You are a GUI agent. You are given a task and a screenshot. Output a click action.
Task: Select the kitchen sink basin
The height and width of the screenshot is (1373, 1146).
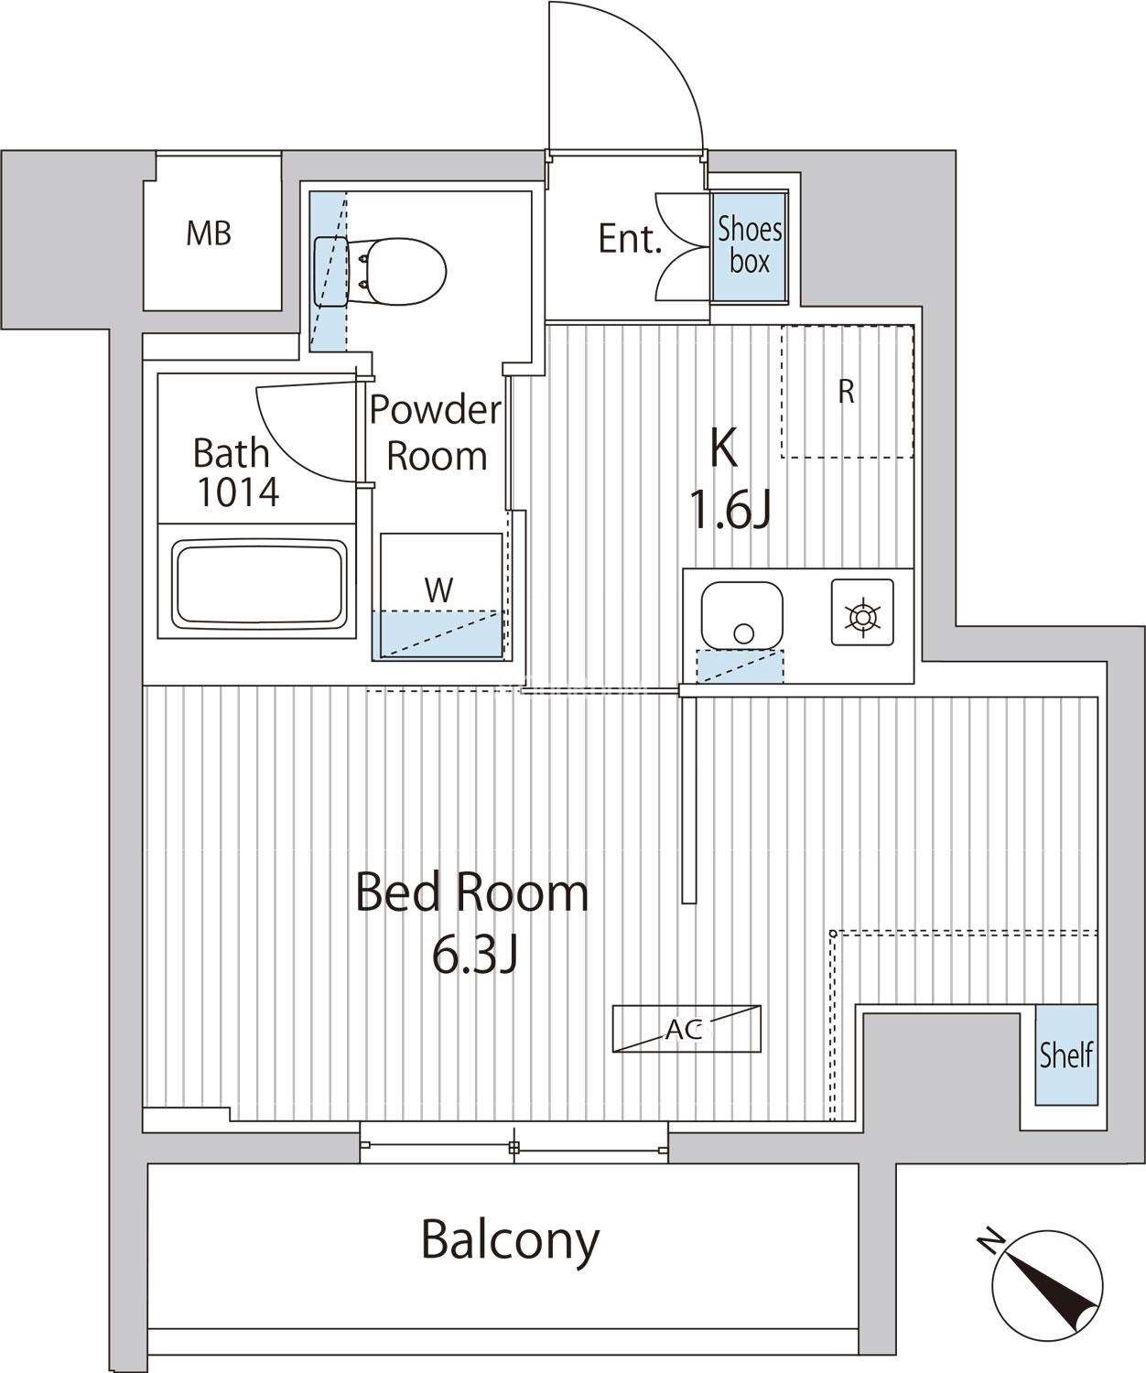[742, 615]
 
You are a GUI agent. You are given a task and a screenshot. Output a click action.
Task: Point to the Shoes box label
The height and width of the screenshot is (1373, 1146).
[750, 245]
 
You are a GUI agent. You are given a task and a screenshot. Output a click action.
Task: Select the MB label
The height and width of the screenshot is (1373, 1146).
[209, 233]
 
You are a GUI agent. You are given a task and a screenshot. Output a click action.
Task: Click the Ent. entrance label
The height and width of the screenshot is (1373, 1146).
[629, 239]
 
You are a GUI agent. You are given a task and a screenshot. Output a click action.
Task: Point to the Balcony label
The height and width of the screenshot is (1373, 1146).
[510, 1239]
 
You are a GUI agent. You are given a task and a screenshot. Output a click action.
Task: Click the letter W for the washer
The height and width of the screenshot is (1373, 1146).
[438, 589]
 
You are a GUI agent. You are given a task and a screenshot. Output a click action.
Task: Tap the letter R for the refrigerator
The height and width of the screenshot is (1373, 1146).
[847, 392]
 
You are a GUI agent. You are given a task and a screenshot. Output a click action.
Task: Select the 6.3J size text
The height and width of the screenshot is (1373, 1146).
[475, 958]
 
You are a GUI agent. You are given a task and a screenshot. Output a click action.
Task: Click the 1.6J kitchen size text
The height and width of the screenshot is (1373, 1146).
[730, 513]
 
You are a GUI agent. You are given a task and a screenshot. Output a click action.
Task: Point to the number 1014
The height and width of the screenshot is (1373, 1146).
[238, 492]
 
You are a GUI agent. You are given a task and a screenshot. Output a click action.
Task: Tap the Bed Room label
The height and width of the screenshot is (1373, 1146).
[471, 893]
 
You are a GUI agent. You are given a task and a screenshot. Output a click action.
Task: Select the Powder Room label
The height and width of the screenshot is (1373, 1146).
[437, 433]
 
